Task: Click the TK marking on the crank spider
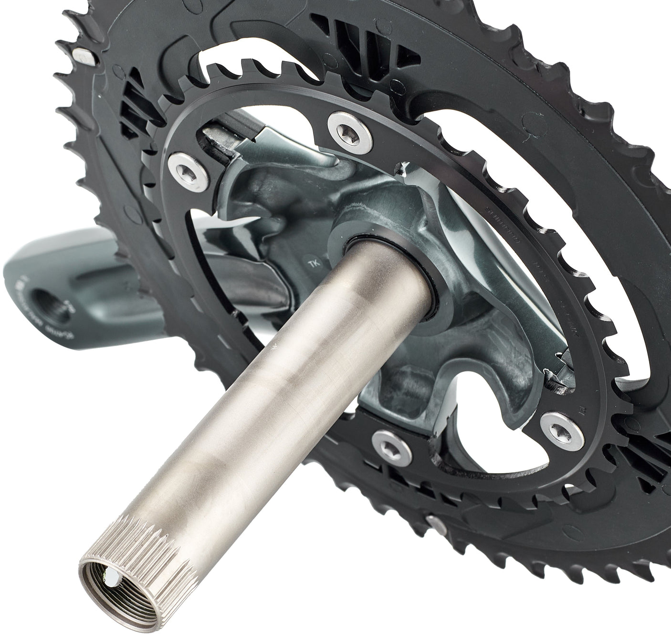point(313,262)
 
